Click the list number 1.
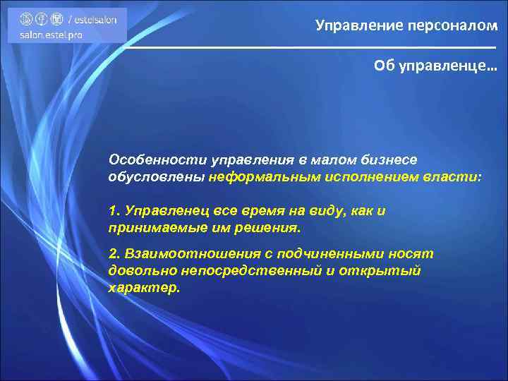coord(115,212)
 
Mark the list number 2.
coord(115,253)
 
